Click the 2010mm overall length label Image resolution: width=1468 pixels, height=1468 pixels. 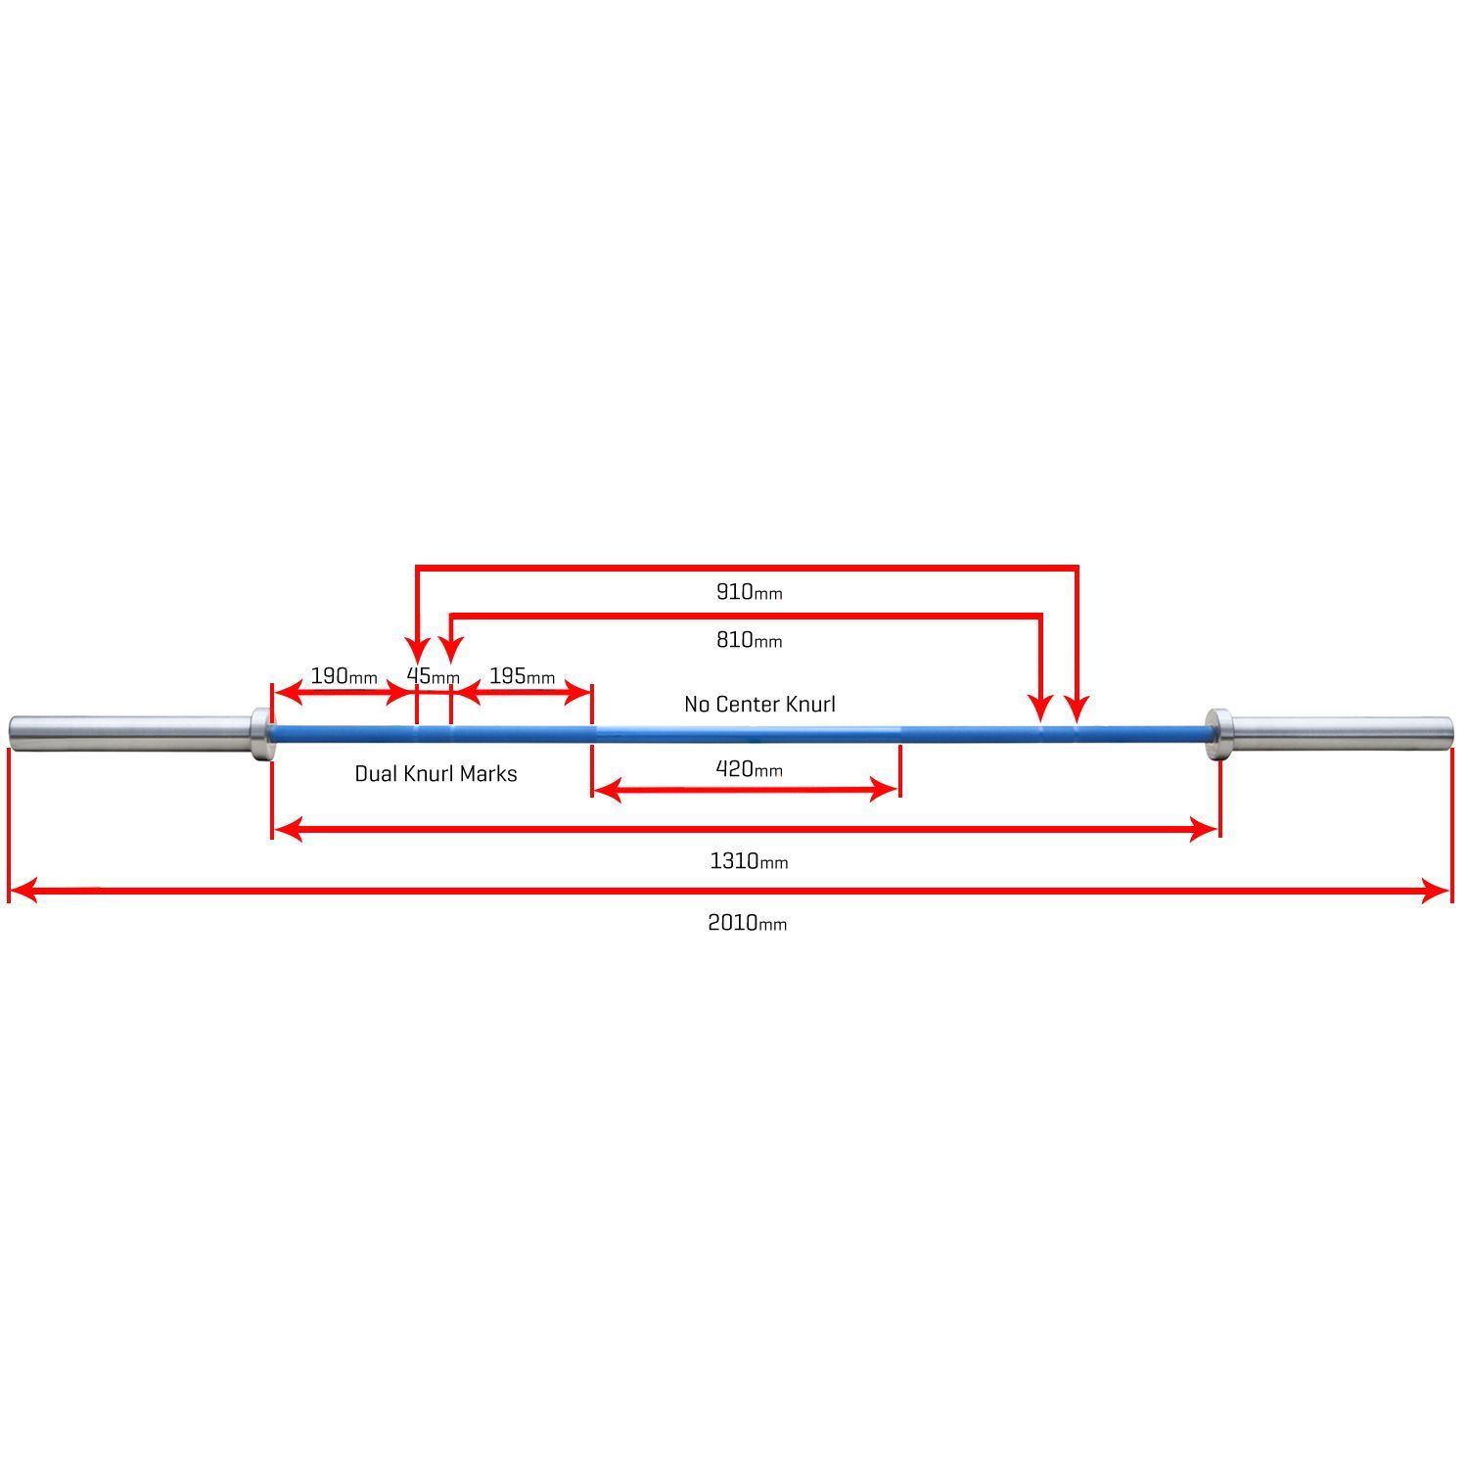coord(747,923)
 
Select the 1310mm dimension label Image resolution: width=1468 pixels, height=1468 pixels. coord(749,861)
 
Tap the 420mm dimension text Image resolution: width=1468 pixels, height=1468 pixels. coord(749,769)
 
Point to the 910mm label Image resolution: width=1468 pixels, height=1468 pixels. coord(749,592)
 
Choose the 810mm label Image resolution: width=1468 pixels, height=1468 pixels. coord(749,640)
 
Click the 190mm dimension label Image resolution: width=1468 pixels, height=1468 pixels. coord(344,676)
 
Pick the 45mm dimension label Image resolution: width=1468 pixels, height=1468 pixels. coord(433,676)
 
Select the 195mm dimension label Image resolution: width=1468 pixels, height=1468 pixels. coord(522,676)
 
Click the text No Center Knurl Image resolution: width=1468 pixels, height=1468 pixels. coord(759,705)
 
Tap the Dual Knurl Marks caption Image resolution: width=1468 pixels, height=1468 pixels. coord(436,774)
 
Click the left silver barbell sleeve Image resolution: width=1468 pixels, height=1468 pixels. coord(127,731)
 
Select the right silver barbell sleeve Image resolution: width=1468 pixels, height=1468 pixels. coord(1341,731)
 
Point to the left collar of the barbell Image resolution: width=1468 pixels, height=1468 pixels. coord(260,733)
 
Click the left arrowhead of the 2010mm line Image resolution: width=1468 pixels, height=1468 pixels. coord(22,891)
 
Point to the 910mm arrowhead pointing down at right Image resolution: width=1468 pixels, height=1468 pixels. coord(1077,709)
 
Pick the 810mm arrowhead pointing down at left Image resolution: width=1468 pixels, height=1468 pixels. coord(450,648)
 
